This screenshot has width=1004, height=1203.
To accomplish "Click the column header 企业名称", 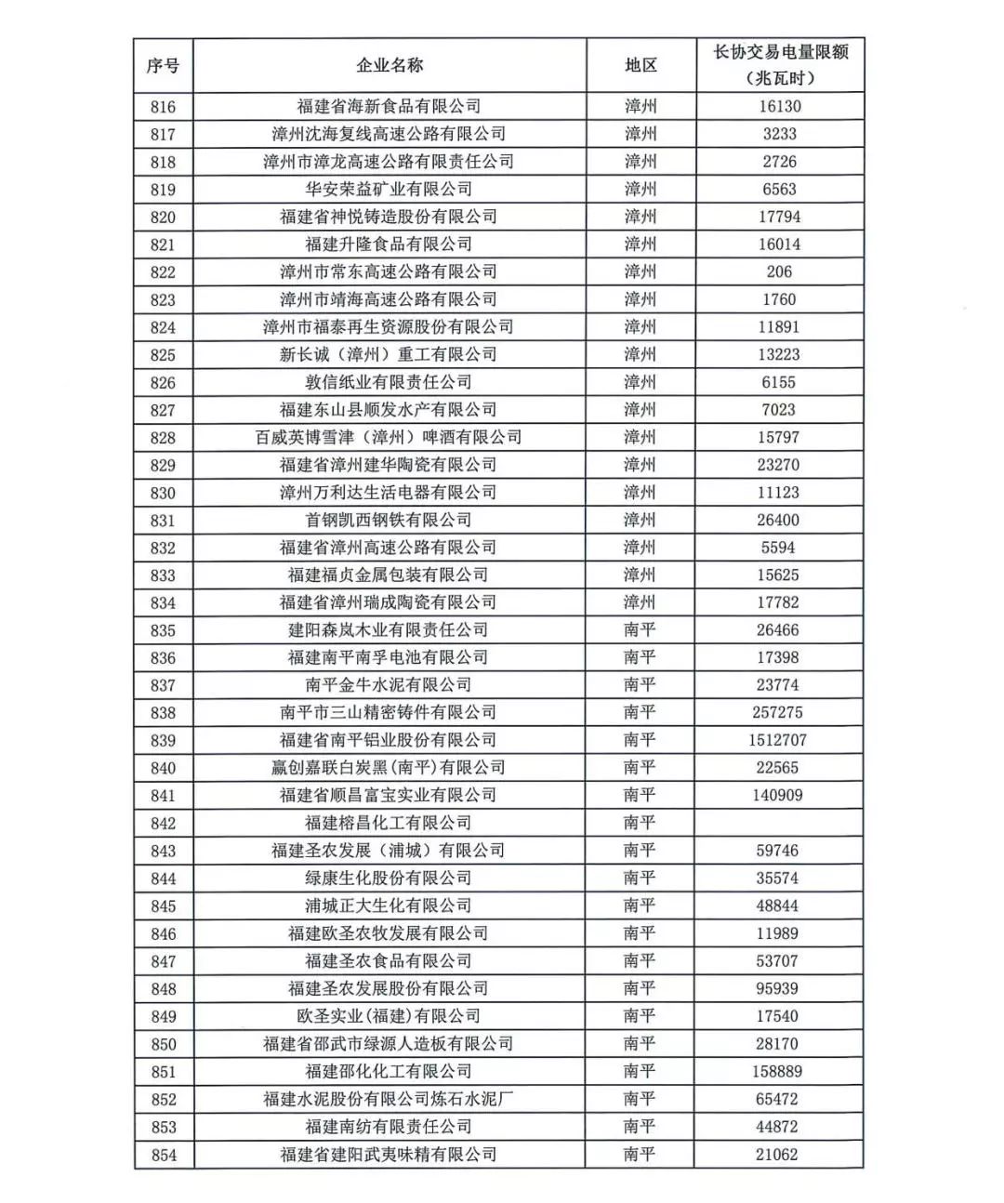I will (x=389, y=65).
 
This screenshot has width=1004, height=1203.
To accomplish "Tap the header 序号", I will (x=163, y=65).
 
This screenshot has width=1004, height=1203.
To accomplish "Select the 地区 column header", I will (x=641, y=65).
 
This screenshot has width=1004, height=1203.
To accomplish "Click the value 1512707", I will (x=779, y=740).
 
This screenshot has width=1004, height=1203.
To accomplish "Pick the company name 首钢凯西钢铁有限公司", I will (x=389, y=520).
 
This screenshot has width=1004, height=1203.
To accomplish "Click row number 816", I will (x=163, y=107).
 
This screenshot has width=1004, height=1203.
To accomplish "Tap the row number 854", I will (x=163, y=1155).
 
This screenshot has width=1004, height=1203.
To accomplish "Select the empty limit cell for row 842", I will (x=779, y=823).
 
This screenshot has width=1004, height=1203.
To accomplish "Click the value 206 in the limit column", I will (x=779, y=271).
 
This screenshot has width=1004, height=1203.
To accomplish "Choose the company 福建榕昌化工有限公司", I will (x=389, y=823).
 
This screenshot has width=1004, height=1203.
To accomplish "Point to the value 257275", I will (x=779, y=713).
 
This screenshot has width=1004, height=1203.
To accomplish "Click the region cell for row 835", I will (x=641, y=630).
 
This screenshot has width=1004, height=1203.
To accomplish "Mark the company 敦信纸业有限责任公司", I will (x=389, y=382).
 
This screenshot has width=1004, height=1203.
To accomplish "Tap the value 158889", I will (x=779, y=1072).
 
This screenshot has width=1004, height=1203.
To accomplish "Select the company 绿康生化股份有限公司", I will (x=389, y=879).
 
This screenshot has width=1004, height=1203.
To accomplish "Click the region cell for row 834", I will (x=641, y=602).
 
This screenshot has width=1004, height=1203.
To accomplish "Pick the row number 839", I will (x=163, y=741).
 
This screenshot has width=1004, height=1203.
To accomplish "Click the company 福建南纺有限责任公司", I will (x=389, y=1127).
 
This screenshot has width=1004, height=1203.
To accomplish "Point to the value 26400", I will (x=779, y=520).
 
